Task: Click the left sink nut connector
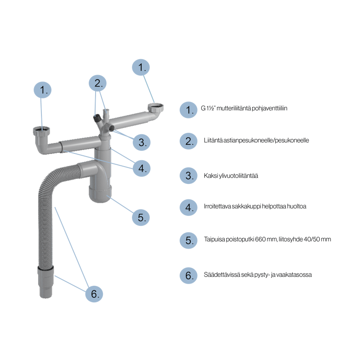pos(41,131)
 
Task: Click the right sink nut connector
pos(156,107)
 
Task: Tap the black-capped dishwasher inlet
pos(97,118)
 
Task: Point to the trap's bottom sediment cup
pos(100,194)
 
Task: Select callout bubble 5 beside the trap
pos(141,217)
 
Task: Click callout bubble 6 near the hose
pos(94,294)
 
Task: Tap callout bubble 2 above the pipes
pos(97,83)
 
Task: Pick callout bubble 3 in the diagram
pos(142,142)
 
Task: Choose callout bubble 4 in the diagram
pos(142,168)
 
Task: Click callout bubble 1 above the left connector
pos(43,90)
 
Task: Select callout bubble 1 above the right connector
pos(141,67)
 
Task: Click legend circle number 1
pos(188,110)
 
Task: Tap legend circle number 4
pos(188,208)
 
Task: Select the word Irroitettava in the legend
pos(217,206)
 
